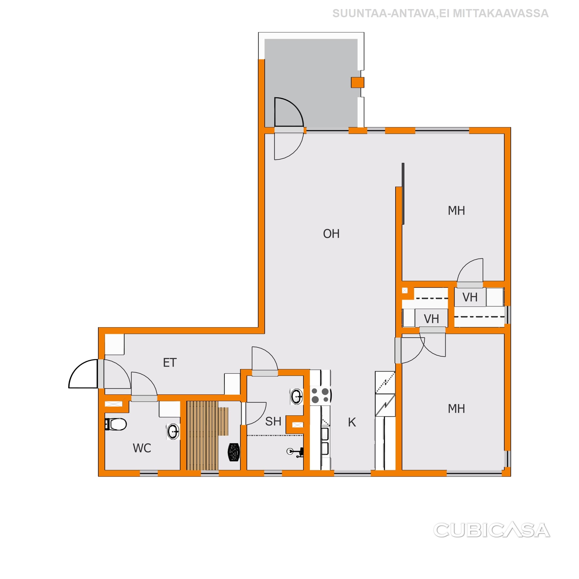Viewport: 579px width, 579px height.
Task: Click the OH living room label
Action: tap(331, 234)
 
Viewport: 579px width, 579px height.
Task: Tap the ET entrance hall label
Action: tap(170, 363)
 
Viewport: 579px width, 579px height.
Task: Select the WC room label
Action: tap(142, 448)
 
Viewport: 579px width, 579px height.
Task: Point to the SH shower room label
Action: tap(273, 421)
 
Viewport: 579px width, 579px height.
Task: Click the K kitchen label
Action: tap(352, 422)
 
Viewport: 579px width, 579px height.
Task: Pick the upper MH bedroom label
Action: tap(456, 211)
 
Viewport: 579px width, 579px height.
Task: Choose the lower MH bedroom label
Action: tap(456, 409)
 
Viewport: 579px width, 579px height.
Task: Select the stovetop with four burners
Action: tap(320, 395)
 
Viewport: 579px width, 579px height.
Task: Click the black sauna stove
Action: tap(234, 452)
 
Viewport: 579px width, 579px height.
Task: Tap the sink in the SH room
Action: tap(296, 396)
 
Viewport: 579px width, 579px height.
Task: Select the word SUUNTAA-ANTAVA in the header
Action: tap(384, 14)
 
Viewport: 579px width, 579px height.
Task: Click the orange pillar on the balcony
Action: tap(358, 83)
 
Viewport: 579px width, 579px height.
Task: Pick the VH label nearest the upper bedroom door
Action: tap(470, 297)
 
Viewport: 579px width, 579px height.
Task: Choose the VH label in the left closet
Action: tap(431, 319)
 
